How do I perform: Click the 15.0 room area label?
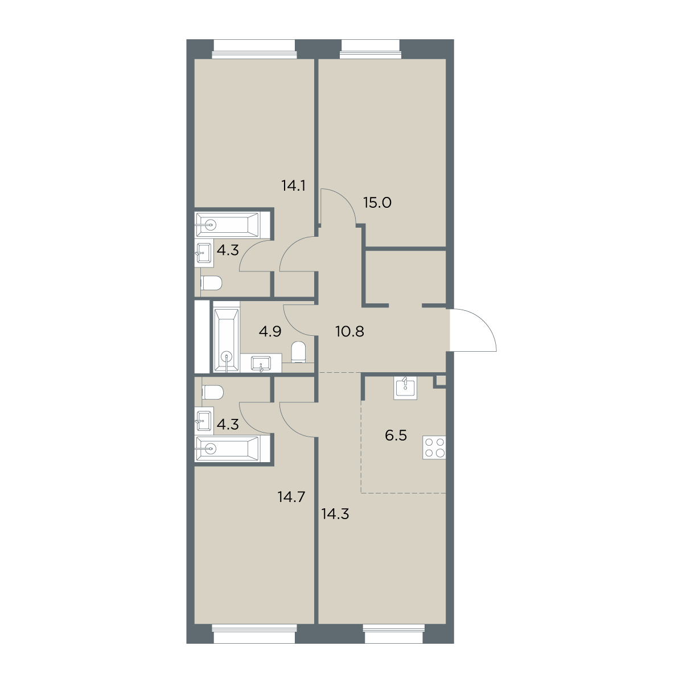[x=377, y=203]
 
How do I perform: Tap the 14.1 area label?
[x=294, y=186]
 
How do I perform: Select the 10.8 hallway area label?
[x=350, y=332]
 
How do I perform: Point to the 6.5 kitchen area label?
[x=396, y=435]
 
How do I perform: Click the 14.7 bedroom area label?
[x=291, y=497]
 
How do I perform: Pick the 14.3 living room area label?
[x=335, y=513]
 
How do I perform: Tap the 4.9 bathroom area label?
[x=270, y=332]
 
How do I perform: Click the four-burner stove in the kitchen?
[x=434, y=448]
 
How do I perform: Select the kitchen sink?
[x=405, y=388]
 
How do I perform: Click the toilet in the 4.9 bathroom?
[x=298, y=352]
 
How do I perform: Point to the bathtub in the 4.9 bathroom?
[x=227, y=340]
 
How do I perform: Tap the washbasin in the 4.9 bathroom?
[x=261, y=364]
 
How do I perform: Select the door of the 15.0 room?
[x=338, y=206]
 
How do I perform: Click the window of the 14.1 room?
[x=254, y=49]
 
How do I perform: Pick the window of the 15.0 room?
[x=371, y=49]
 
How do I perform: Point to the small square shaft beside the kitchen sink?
[x=440, y=381]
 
